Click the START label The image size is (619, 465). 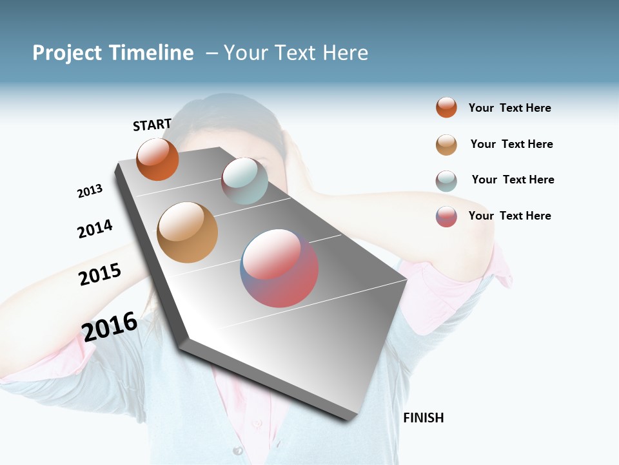click(152, 125)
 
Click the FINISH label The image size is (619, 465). click(423, 418)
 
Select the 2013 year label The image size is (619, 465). click(90, 191)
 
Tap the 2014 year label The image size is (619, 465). click(95, 229)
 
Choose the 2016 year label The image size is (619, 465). click(110, 326)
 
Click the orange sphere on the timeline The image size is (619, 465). click(157, 160)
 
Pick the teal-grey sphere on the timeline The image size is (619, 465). click(244, 181)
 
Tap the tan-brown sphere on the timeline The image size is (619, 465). click(187, 232)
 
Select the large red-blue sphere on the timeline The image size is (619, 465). click(279, 268)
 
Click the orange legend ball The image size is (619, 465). click(446, 107)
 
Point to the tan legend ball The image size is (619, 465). click(446, 145)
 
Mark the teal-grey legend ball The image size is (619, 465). click(446, 181)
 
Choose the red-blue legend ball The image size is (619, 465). click(446, 216)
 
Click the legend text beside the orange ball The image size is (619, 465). click(509, 108)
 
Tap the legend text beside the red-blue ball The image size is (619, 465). click(509, 216)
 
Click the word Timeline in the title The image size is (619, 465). click(151, 53)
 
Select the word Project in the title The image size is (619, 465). click(67, 53)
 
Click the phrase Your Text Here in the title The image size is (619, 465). click(296, 53)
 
